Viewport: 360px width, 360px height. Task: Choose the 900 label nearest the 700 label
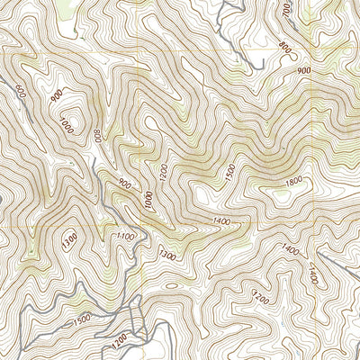coord(302,70)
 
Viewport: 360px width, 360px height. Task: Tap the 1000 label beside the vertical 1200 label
coord(148,205)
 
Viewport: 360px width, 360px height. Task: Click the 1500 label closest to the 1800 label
coord(230,171)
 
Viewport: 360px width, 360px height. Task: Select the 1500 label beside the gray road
coord(80,319)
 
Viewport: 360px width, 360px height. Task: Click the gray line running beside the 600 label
coord(7,99)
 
